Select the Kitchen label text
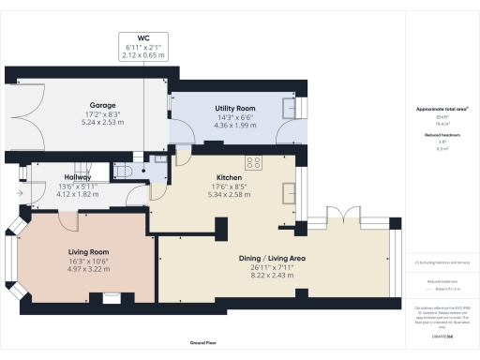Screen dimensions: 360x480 (x=230, y=177)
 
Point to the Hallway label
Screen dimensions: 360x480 (x=78, y=175)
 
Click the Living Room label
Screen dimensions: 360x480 (x=88, y=252)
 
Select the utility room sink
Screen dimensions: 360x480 (x=286, y=108)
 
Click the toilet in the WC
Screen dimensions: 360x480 (x=123, y=170)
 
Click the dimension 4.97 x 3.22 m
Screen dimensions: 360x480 (x=88, y=268)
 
